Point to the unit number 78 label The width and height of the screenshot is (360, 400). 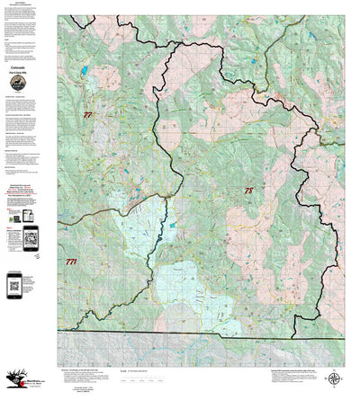pos(249,191)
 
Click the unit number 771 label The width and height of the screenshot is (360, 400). pos(72,262)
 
